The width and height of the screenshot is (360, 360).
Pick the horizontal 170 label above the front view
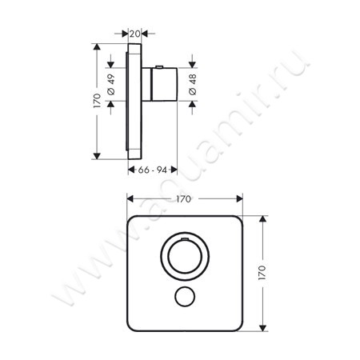pyautogui.click(x=183, y=199)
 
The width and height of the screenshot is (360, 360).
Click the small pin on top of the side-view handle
pyautogui.click(x=161, y=66)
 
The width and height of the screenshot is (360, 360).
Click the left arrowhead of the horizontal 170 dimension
pyautogui.click(x=130, y=199)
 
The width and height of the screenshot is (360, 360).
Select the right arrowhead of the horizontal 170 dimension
pyautogui.click(x=239, y=199)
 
